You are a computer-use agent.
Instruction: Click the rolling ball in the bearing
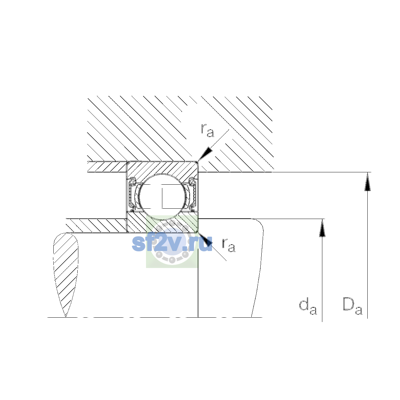point(163,196)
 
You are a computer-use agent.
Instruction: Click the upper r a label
point(207,130)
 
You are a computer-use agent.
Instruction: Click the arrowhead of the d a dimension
point(322,228)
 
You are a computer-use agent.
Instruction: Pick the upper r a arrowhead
point(205,154)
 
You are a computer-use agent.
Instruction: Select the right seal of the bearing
point(193,193)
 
